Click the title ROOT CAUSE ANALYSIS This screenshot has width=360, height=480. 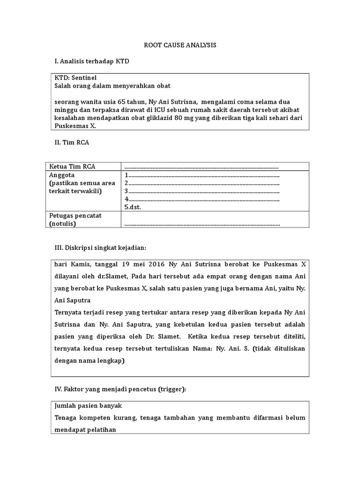[x=180, y=45]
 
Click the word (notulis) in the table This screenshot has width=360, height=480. [x=62, y=224]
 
